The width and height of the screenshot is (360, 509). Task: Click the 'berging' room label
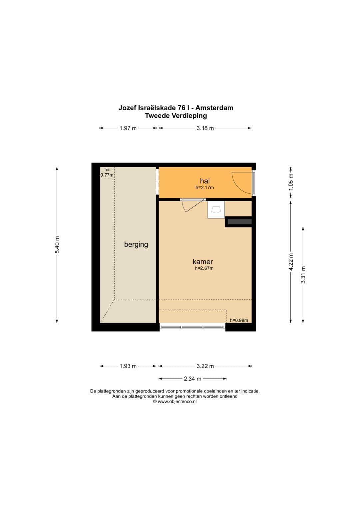[136, 245]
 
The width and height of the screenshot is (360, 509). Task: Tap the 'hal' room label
[205, 181]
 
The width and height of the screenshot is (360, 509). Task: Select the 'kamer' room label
[203, 262]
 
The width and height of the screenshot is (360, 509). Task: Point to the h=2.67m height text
[204, 268]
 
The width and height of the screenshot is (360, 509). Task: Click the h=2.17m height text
[205, 187]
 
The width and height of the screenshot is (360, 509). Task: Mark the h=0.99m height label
[239, 320]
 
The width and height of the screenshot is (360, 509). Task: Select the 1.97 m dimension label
[128, 128]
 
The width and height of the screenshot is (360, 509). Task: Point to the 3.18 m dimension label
[205, 128]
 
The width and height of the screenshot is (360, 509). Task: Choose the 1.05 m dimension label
[291, 182]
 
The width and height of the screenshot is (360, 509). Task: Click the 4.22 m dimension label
[291, 262]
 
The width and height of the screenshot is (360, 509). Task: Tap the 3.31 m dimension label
[303, 275]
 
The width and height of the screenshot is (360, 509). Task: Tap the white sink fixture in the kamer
[216, 210]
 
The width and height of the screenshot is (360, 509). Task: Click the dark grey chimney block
[240, 222]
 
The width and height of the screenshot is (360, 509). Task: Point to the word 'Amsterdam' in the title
[214, 108]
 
